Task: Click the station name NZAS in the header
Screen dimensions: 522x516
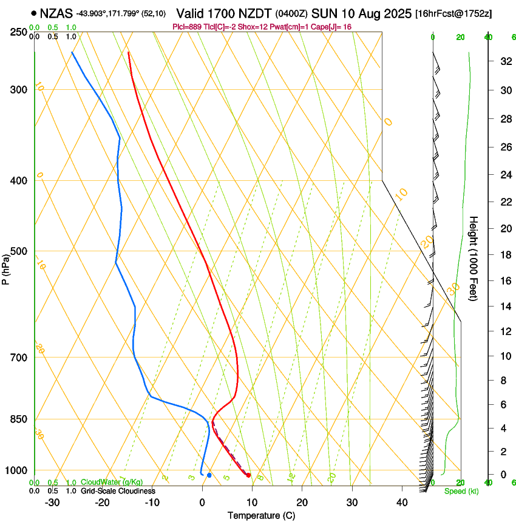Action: tap(56, 13)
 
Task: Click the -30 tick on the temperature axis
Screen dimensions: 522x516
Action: tap(52, 502)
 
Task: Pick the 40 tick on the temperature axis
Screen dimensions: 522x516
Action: tap(401, 502)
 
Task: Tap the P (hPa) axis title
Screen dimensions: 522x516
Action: tap(6, 267)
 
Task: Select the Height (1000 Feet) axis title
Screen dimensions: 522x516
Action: tap(474, 258)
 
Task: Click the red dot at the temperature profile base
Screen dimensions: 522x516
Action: tap(249, 475)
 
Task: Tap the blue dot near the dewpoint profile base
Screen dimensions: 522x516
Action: tap(209, 475)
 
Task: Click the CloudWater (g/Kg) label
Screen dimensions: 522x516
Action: tap(103, 482)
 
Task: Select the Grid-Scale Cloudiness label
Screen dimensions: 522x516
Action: tap(118, 490)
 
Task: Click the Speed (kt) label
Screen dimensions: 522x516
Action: tap(461, 491)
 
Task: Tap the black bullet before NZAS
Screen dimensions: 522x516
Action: tap(34, 13)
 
